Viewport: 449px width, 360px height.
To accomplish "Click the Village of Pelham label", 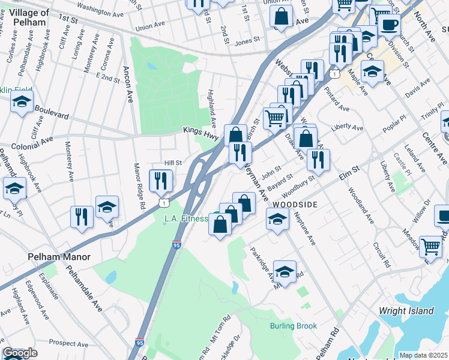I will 27,17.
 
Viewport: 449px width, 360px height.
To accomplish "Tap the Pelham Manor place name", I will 59,257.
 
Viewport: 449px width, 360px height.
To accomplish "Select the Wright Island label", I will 406,311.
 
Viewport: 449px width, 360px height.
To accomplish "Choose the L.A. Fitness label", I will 186,219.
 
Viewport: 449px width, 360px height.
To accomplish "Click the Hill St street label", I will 173,163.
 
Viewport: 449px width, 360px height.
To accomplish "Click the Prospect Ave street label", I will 70,343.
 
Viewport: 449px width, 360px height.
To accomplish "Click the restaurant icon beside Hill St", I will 160,179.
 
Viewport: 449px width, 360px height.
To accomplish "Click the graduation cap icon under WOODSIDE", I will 277,219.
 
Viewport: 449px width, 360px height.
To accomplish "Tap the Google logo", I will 20,353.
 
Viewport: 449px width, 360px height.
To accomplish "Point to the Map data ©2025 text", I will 423,355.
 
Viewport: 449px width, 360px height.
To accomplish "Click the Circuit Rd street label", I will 381,255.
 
